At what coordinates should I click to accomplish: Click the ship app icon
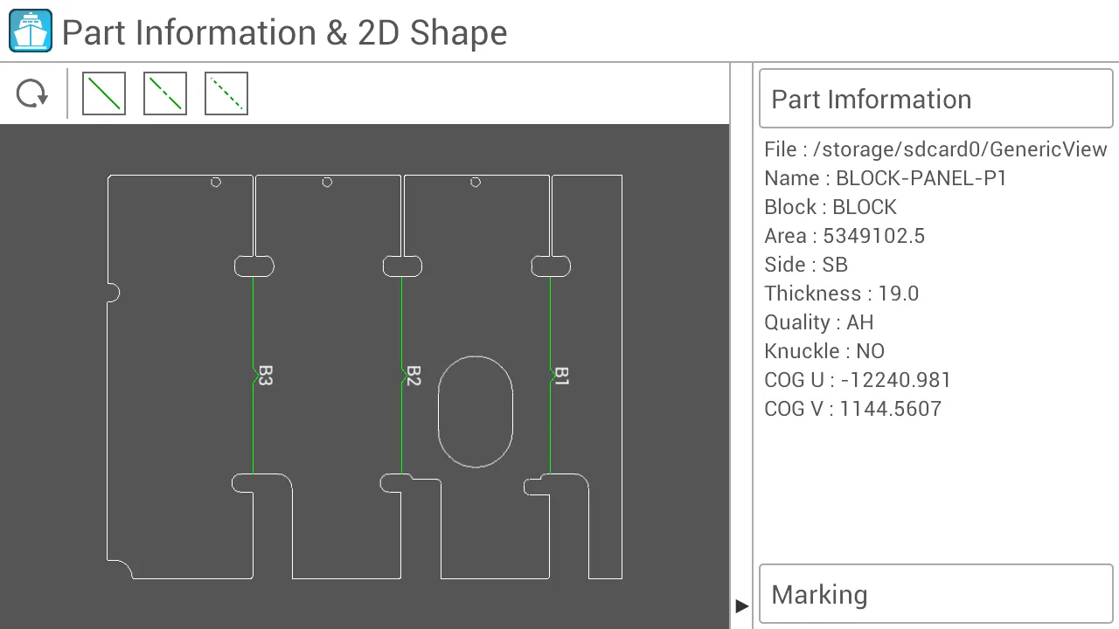(31, 31)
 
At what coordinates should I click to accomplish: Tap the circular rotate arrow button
(32, 93)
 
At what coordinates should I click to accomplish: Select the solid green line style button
(104, 93)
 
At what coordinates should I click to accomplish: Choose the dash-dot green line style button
(165, 93)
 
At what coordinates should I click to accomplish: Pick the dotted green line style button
(226, 93)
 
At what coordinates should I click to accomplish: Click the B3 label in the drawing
(266, 376)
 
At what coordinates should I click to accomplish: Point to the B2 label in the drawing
(414, 376)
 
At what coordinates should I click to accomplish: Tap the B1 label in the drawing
(562, 376)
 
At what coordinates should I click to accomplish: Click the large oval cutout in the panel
(439, 411)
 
